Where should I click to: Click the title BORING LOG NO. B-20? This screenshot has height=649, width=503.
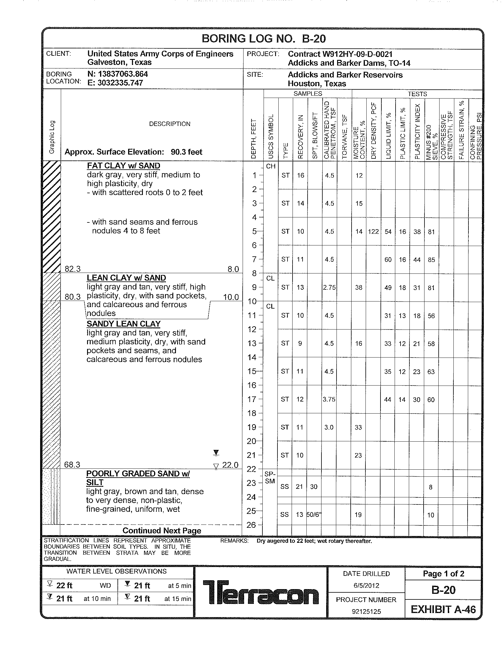tap(263, 39)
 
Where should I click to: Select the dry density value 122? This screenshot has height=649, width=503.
tap(373, 232)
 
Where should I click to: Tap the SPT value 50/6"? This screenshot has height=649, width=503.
tap(314, 514)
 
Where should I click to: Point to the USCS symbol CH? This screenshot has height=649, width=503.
tap(270, 166)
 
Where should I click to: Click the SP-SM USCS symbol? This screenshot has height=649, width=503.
tap(270, 477)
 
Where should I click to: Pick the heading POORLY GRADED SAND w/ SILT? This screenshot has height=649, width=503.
tap(138, 478)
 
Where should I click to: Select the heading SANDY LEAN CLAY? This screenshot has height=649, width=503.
tap(123, 324)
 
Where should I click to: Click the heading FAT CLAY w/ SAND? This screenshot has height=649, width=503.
tap(123, 165)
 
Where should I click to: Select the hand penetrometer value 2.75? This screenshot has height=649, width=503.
tap(329, 287)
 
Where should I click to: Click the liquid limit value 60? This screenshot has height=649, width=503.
tap(388, 260)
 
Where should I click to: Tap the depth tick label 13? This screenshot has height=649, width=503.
tap(252, 343)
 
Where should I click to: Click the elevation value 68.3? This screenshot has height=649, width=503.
tap(72, 464)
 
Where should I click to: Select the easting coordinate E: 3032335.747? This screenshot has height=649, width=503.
tap(115, 83)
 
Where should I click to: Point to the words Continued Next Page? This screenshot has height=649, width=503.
tap(162, 531)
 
